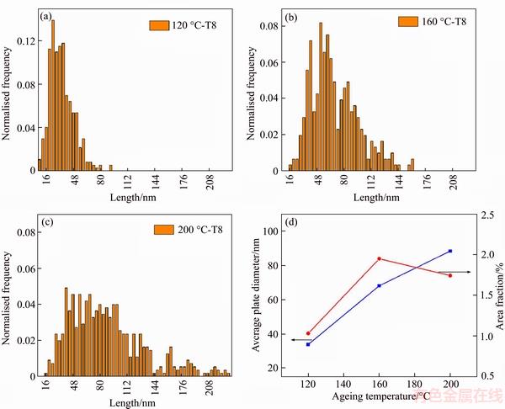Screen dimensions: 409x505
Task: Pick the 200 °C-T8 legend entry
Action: (190, 229)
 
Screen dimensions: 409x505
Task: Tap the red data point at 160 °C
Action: (380, 258)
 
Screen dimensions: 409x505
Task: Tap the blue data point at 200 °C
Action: (450, 251)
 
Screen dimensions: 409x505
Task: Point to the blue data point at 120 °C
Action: (308, 344)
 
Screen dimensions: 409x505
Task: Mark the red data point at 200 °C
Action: (450, 275)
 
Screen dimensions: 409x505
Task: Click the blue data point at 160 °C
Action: (380, 286)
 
